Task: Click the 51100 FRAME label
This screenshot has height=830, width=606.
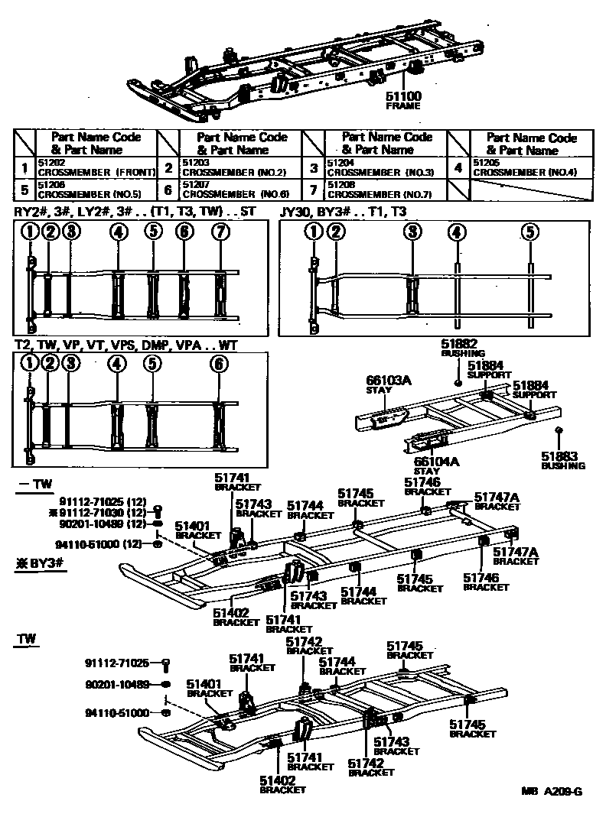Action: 404,100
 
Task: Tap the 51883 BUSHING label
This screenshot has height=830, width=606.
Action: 563,460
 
